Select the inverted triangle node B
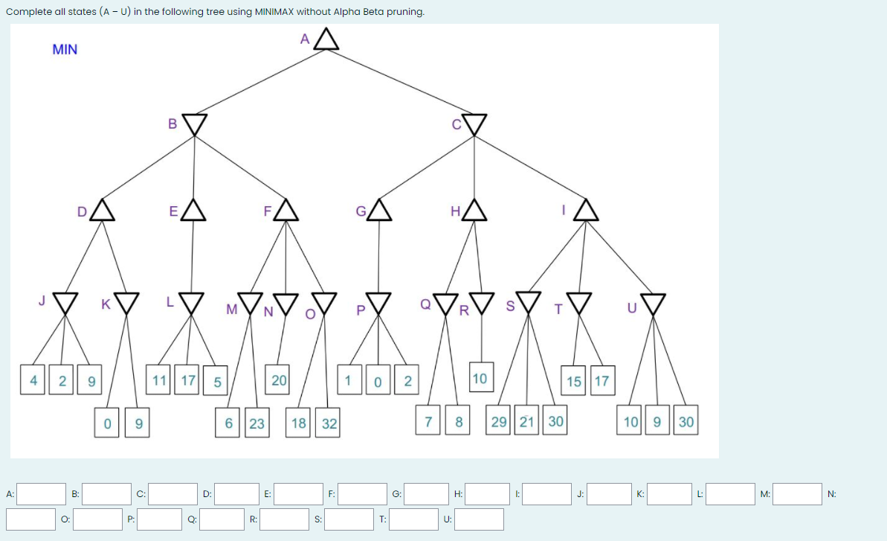pyautogui.click(x=194, y=124)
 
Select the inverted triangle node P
pyautogui.click(x=379, y=303)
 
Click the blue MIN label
pyautogui.click(x=65, y=50)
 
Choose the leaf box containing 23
pyautogui.click(x=257, y=423)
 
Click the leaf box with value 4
pyautogui.click(x=33, y=380)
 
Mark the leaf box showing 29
pyautogui.click(x=500, y=422)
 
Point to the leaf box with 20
pyautogui.click(x=279, y=380)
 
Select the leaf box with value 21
pyautogui.click(x=526, y=422)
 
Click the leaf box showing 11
pyautogui.click(x=158, y=380)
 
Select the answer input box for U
pyautogui.click(x=480, y=519)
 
